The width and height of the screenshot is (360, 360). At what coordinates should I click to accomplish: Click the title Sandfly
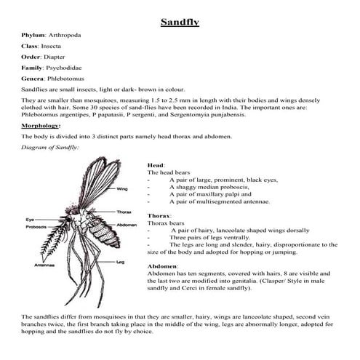click(x=180, y=22)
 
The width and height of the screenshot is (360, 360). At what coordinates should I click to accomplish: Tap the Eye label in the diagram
click(x=31, y=219)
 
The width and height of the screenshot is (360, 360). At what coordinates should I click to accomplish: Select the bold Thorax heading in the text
click(x=159, y=216)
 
